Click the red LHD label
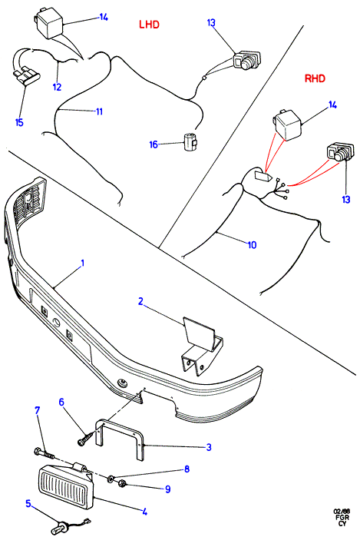[x=149, y=25]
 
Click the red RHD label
[x=315, y=78]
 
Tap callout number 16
[x=154, y=144]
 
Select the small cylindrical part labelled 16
[x=190, y=141]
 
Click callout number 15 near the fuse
[x=19, y=122]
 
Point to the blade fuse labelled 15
[x=27, y=76]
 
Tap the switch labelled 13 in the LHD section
[x=247, y=60]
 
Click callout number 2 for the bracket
[x=140, y=301]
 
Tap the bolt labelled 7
[x=45, y=454]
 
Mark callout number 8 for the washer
[x=187, y=469]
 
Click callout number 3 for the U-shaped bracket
[x=209, y=447]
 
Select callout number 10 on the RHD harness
[x=253, y=244]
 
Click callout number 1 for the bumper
[x=82, y=263]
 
